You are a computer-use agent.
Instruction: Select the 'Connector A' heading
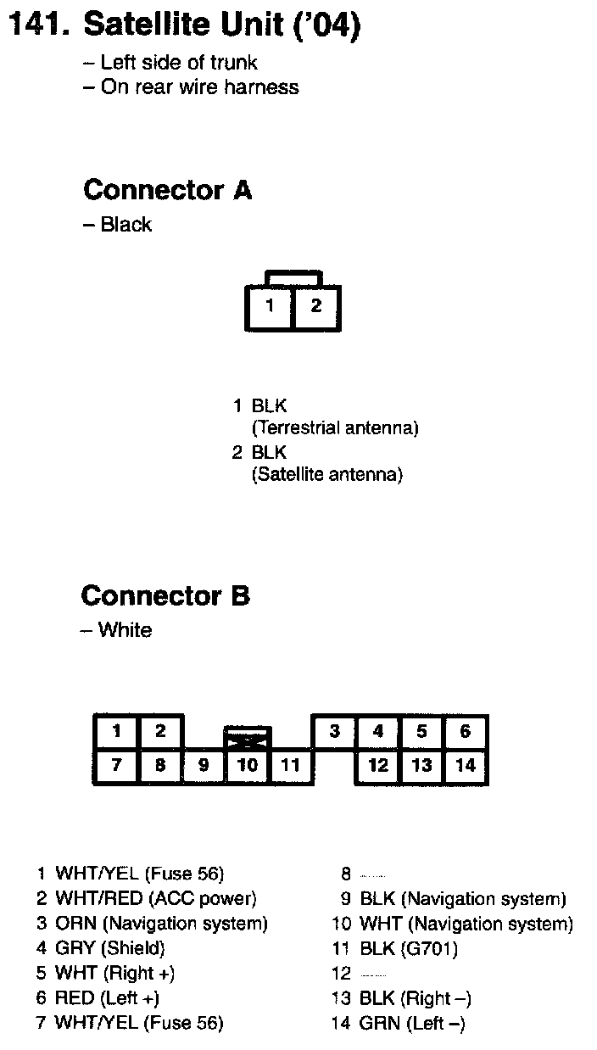point(167,190)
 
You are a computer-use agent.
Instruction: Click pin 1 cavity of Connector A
point(270,306)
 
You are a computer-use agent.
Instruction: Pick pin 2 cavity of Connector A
point(316,306)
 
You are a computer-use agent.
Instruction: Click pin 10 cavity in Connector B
point(248,765)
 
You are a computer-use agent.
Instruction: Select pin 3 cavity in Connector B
point(335,731)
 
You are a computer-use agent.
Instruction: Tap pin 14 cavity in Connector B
point(465,765)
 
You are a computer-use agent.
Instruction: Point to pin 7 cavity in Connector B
point(117,765)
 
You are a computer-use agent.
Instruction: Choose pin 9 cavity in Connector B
point(204,765)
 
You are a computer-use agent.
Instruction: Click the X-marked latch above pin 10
point(248,738)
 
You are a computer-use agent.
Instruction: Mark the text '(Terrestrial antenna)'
point(335,428)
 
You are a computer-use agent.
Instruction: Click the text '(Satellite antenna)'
point(326,474)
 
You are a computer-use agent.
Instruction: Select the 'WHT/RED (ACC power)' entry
point(155,898)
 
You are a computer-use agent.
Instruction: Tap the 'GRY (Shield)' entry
point(109,948)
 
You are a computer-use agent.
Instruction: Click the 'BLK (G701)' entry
point(409,948)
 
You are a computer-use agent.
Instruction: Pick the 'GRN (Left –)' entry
point(412,1024)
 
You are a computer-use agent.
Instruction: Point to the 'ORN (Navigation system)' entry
point(161,924)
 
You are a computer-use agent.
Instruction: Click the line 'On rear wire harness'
point(199,87)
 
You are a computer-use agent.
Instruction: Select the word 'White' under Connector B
point(125,630)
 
